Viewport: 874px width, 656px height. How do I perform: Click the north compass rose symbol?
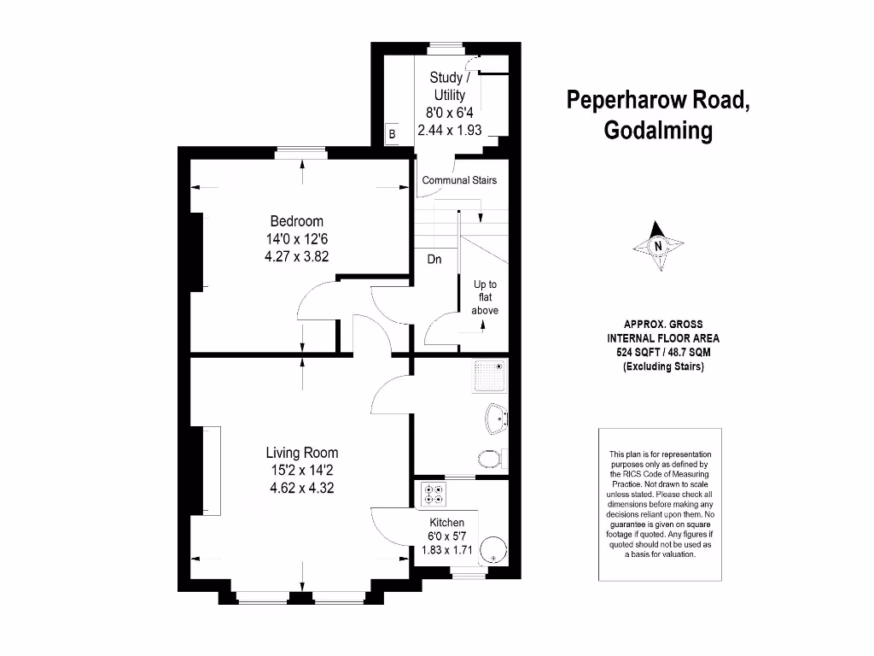(658, 247)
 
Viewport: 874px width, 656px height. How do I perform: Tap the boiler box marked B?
(393, 134)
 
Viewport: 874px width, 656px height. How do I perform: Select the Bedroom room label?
(296, 221)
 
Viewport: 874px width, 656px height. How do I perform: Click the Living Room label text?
(301, 453)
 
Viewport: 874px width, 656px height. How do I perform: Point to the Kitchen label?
(446, 523)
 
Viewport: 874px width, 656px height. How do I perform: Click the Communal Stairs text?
(459, 180)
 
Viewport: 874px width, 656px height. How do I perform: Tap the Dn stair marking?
(434, 260)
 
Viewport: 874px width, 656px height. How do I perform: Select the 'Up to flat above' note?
(485, 297)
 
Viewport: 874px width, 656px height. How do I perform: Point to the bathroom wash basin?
(495, 419)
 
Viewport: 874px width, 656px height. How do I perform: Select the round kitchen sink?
(492, 550)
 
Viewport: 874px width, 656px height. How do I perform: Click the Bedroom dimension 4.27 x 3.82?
(296, 255)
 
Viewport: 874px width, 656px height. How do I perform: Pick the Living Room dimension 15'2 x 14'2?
(301, 471)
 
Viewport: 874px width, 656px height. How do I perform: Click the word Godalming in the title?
(658, 131)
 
